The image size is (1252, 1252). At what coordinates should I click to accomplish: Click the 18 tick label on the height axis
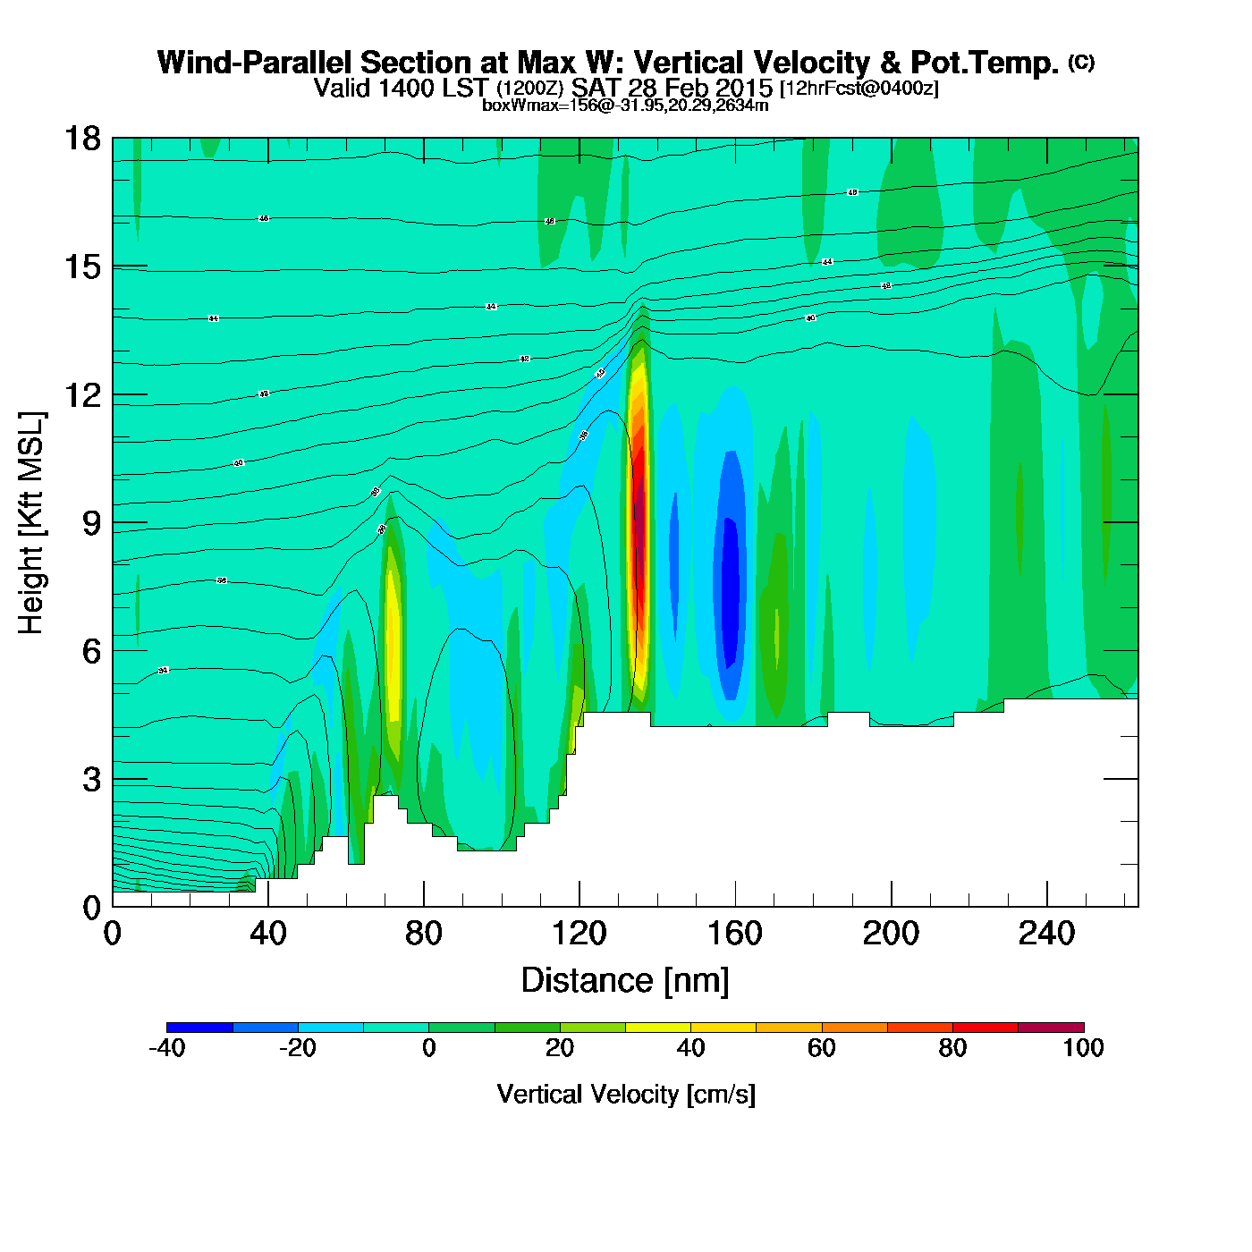(82, 139)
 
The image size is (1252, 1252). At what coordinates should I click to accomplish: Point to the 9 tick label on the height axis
(91, 523)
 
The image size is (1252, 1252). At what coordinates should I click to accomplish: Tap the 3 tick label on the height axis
(91, 780)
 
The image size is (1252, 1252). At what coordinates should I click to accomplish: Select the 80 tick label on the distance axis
(424, 935)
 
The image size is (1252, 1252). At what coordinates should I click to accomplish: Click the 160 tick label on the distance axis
(735, 935)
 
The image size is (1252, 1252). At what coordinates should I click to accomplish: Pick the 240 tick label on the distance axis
(1046, 935)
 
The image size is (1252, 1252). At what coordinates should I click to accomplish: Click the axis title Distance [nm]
(625, 981)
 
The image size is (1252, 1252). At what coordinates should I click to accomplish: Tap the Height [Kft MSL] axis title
(31, 523)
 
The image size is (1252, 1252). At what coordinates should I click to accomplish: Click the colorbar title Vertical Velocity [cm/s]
(626, 1094)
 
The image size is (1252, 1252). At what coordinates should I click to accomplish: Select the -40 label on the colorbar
(166, 1048)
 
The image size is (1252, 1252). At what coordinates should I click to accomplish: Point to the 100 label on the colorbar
(1083, 1048)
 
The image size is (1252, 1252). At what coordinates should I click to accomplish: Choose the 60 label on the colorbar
(821, 1048)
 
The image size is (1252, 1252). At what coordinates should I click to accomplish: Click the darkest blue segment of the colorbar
(199, 1028)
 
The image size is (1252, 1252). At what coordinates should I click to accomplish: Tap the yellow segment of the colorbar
(657, 1028)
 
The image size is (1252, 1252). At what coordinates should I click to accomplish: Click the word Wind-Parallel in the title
(255, 63)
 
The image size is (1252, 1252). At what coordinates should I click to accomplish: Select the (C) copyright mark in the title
(1081, 62)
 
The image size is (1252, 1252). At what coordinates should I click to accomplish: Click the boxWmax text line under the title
(625, 106)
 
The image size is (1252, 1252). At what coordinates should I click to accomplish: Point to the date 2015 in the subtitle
(745, 88)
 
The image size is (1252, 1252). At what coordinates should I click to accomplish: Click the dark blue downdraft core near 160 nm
(731, 590)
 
